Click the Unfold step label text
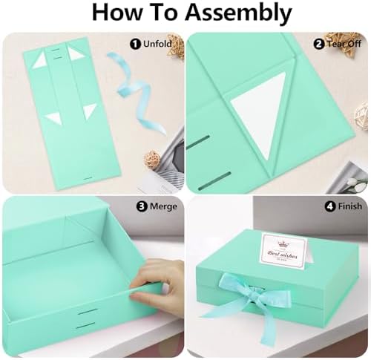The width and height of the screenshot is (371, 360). point(159,44)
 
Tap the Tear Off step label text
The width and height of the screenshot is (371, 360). point(344,44)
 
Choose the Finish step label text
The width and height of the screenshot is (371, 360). point(344,208)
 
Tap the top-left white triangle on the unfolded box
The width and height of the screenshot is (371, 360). point(39,60)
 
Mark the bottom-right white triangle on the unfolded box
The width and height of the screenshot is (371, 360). point(90,111)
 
